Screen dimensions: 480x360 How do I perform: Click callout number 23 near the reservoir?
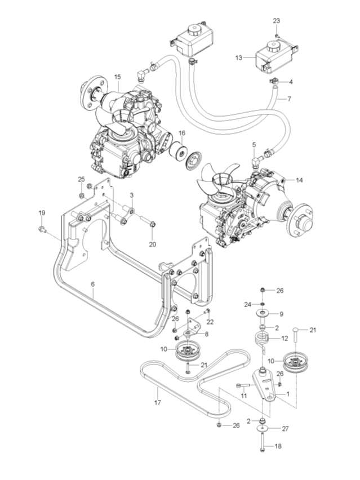coord(277,21)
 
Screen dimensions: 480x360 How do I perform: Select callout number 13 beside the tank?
coord(239,57)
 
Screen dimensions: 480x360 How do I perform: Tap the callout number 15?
coord(117,77)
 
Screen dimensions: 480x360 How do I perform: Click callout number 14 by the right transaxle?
coord(299,180)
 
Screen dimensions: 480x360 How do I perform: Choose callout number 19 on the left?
coord(42,212)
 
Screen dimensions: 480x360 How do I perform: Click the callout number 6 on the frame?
coord(94,285)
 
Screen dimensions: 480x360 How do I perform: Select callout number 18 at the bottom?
coord(278,446)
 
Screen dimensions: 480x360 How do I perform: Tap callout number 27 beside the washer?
coord(286,429)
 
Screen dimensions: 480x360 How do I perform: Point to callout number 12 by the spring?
coord(285,338)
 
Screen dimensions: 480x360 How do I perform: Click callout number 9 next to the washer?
coord(281,314)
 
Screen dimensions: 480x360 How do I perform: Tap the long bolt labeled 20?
coord(145,223)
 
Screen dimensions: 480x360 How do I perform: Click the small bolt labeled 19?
coord(43,228)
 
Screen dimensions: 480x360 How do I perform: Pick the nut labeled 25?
coord(83,195)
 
